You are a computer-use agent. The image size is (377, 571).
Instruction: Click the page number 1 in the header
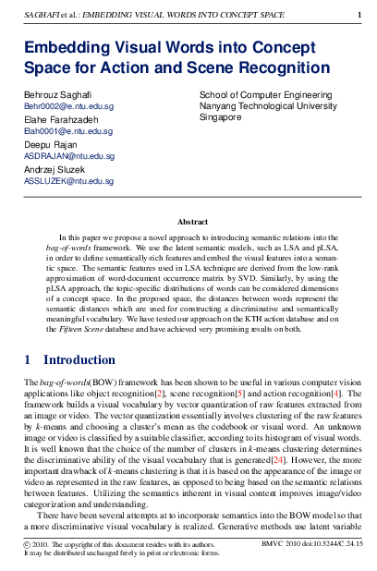[x=359, y=15]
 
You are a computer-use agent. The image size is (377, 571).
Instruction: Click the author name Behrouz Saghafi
[x=58, y=95]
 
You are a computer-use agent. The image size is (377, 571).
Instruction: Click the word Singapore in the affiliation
[x=224, y=119]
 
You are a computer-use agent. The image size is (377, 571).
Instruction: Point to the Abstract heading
[x=192, y=221]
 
